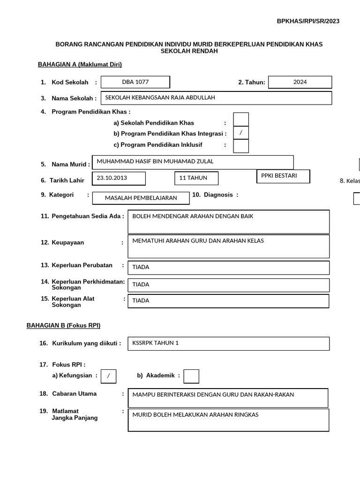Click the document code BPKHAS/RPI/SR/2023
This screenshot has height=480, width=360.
(x=308, y=21)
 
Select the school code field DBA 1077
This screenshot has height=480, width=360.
(x=135, y=82)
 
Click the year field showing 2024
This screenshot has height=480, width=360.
(x=300, y=82)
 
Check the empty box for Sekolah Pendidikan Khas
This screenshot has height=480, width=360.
(x=241, y=120)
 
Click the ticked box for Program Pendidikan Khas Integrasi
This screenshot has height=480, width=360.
(x=241, y=133)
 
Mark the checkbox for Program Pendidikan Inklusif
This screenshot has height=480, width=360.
(x=241, y=146)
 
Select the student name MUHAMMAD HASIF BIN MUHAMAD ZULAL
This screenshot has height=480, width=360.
(x=193, y=162)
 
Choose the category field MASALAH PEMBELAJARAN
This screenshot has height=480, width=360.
(x=141, y=198)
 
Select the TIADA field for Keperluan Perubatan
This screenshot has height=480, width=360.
(x=229, y=268)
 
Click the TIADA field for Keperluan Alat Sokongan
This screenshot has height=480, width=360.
(x=229, y=301)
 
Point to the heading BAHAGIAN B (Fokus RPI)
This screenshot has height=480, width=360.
(x=63, y=325)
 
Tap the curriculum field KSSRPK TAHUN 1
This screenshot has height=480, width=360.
(x=229, y=343)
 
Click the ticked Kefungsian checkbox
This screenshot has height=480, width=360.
(x=108, y=376)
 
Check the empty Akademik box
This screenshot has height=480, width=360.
(x=191, y=376)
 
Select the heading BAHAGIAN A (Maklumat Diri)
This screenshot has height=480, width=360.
(x=80, y=65)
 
